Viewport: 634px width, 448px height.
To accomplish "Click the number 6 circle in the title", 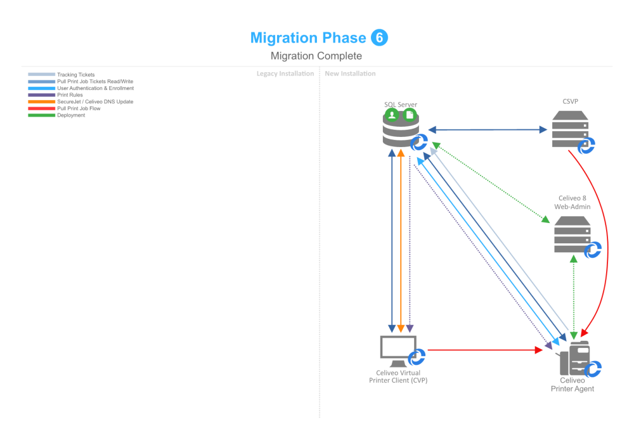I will point(379,37).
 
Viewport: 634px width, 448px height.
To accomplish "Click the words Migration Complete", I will point(316,56).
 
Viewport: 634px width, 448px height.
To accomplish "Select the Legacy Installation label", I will point(285,74).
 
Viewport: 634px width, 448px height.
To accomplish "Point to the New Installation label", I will point(350,74).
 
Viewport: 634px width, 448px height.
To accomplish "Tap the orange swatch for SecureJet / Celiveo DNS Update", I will point(41,101).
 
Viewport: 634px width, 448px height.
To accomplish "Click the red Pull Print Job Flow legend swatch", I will point(41,108).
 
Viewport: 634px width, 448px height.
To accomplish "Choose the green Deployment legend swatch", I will point(41,115).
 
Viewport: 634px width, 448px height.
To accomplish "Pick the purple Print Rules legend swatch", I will point(41,95).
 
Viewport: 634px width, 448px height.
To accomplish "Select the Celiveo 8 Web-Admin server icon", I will point(572,234).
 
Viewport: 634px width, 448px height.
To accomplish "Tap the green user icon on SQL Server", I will point(392,115).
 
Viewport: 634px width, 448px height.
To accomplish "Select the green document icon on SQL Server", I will point(409,115).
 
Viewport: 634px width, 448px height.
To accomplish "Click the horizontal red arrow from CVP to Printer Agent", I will point(482,349).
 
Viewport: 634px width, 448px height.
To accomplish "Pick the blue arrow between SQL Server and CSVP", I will point(488,130).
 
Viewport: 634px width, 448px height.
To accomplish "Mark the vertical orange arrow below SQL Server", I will point(401,241).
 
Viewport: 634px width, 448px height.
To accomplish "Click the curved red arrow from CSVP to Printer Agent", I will point(606,241).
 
